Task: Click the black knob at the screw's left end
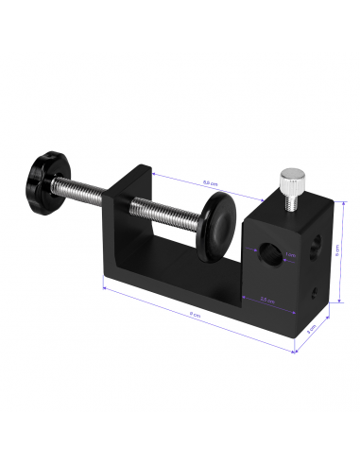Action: (x=43, y=173)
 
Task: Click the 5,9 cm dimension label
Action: (x=210, y=182)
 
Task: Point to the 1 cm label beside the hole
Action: (x=290, y=254)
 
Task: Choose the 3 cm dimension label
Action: (x=311, y=330)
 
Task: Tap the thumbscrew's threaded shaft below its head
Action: (x=292, y=193)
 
